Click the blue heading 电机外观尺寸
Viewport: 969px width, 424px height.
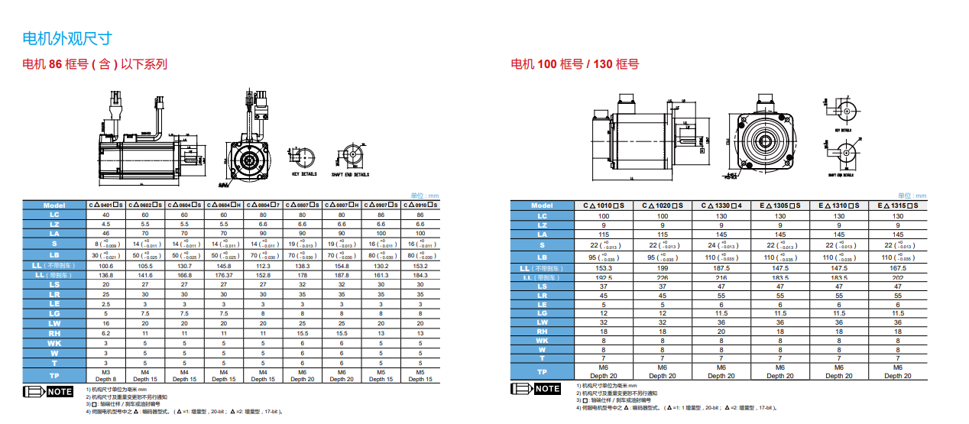click(68, 38)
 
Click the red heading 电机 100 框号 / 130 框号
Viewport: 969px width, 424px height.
click(574, 64)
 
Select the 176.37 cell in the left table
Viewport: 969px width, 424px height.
click(224, 275)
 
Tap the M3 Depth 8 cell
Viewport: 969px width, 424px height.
click(105, 375)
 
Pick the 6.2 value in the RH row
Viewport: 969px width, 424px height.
click(105, 333)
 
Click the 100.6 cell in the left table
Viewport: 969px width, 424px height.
click(105, 265)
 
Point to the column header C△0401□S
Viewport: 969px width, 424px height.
click(105, 205)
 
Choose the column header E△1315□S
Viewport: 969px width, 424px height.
click(898, 205)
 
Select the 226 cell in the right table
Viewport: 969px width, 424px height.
click(663, 277)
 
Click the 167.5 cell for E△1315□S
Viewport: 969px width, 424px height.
click(898, 268)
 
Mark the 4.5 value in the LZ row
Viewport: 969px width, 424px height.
click(105, 225)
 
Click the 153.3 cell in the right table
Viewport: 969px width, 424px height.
click(604, 268)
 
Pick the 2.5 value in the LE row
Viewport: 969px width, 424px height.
click(105, 304)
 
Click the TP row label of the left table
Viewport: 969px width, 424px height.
click(54, 375)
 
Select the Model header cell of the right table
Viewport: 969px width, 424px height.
click(542, 205)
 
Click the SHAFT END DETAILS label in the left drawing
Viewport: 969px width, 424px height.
click(350, 174)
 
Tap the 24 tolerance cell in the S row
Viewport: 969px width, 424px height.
click(721, 245)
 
